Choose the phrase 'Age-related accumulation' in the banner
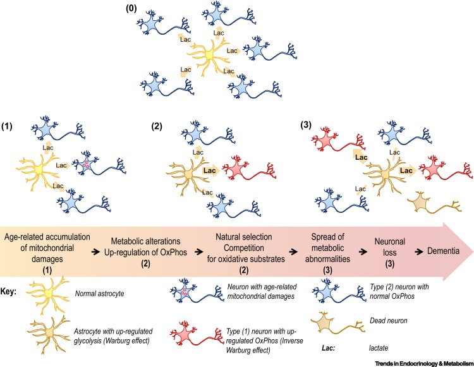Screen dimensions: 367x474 click(47, 237)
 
